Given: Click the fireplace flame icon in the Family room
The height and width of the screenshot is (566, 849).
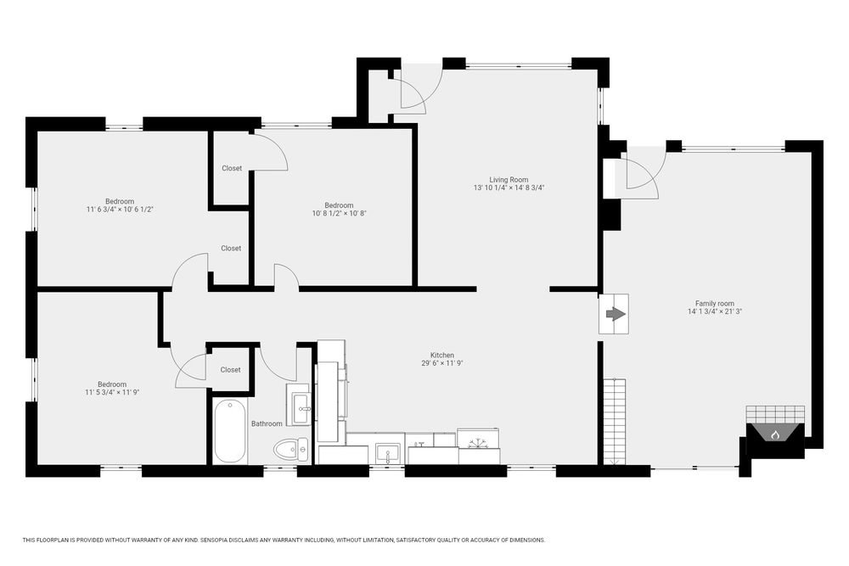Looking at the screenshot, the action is pyautogui.click(x=775, y=434).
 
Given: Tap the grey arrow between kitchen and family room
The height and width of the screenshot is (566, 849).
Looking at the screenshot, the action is pyautogui.click(x=615, y=314).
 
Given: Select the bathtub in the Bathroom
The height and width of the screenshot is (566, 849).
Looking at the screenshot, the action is pyautogui.click(x=230, y=431).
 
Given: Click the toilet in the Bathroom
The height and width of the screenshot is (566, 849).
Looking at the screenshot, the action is pyautogui.click(x=290, y=449).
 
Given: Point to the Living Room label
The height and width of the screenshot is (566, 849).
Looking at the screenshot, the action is pyautogui.click(x=509, y=180).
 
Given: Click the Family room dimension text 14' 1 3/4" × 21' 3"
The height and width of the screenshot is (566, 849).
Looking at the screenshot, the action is pyautogui.click(x=715, y=311).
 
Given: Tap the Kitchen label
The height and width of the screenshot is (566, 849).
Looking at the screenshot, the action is pyautogui.click(x=441, y=356).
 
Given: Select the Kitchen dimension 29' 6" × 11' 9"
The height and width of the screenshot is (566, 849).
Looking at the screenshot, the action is pyautogui.click(x=441, y=364).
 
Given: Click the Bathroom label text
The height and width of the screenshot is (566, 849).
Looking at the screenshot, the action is pyautogui.click(x=267, y=423).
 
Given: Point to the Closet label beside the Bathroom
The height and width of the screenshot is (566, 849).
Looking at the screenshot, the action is pyautogui.click(x=230, y=370).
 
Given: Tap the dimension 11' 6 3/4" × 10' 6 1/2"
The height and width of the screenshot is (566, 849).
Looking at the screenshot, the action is pyautogui.click(x=121, y=210).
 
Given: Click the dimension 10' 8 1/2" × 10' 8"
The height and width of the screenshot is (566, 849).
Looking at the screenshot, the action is pyautogui.click(x=340, y=213).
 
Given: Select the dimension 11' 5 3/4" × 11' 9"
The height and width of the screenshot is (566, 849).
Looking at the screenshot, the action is pyautogui.click(x=112, y=392).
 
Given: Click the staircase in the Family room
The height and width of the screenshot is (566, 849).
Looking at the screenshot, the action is pyautogui.click(x=615, y=422).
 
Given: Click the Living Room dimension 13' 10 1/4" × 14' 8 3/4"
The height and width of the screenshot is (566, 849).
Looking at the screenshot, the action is pyautogui.click(x=509, y=188).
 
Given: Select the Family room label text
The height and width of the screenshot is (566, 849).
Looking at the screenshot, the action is pyautogui.click(x=715, y=304).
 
